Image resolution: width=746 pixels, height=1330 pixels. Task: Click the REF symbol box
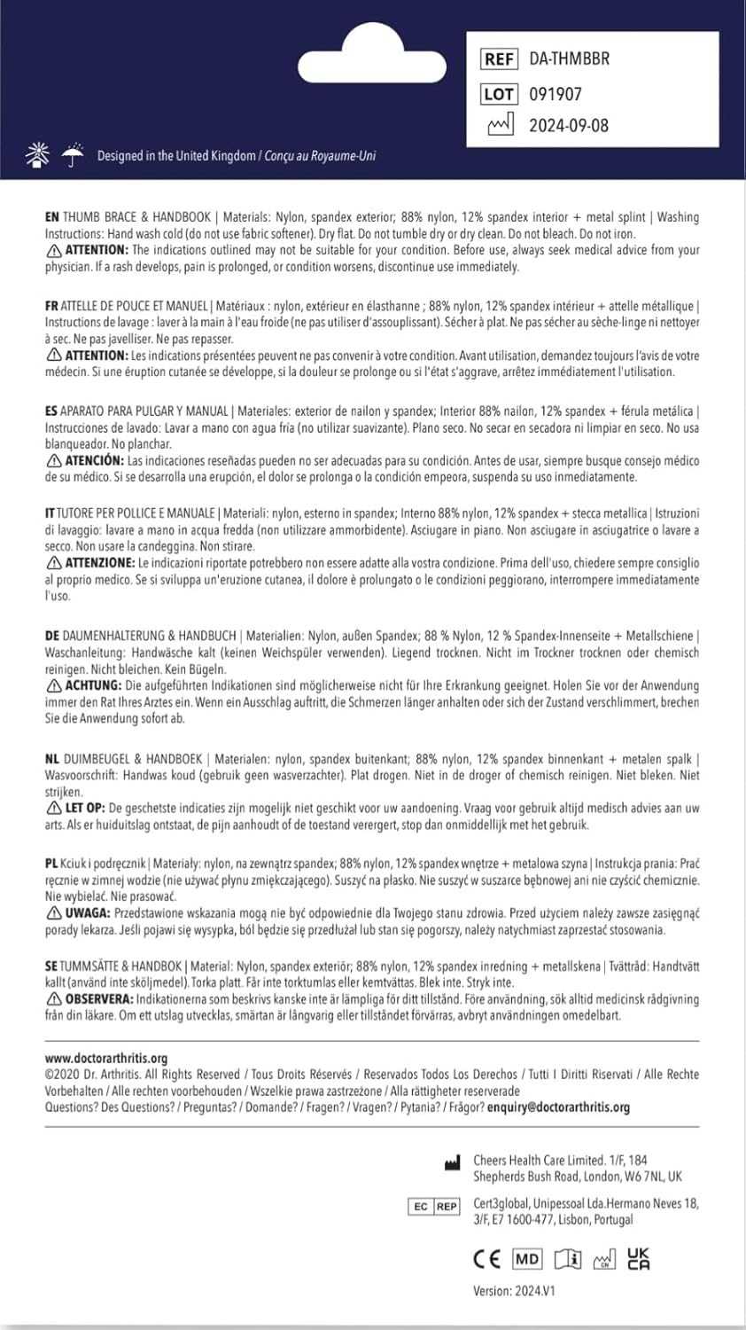499,59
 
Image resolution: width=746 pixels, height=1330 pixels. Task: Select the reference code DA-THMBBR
569,59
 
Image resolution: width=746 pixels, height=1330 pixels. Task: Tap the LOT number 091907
556,94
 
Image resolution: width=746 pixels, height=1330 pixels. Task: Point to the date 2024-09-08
569,126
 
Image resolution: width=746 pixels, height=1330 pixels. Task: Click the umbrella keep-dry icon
73,155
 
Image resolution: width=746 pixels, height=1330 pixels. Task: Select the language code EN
52,217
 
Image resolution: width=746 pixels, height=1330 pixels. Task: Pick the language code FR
51,306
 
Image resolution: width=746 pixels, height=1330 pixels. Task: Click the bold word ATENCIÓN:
94,461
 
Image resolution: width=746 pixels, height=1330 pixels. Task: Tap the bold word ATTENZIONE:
100,563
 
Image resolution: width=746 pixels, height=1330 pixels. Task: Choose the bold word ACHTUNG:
93,686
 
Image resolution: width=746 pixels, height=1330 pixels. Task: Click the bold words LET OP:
85,809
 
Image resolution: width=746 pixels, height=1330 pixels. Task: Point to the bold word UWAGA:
87,913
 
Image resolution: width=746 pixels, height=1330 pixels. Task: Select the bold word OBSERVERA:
98,999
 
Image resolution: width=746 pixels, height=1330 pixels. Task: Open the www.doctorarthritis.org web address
106,1058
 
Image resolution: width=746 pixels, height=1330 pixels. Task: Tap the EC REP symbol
434,1207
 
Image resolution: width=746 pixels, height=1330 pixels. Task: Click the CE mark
486,1259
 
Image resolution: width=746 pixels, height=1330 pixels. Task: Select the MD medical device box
527,1259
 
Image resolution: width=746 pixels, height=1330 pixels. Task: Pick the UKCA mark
638,1259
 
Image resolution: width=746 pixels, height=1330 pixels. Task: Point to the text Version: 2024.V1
514,1291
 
